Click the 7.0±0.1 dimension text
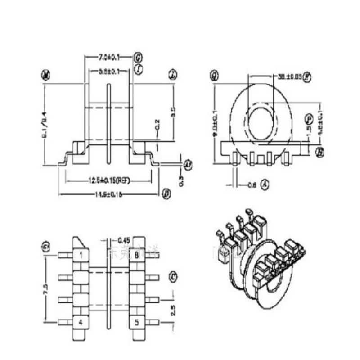point(109,58)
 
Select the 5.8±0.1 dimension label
point(109,72)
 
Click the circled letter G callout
point(139,58)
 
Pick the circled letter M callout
point(45,75)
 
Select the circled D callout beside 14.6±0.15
point(166,194)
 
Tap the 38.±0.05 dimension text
point(286,76)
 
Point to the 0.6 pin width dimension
point(251,184)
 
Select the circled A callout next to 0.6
point(265,184)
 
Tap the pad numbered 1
point(81,255)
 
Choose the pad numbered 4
point(81,322)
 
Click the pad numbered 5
point(136,322)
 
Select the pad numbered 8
point(136,255)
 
